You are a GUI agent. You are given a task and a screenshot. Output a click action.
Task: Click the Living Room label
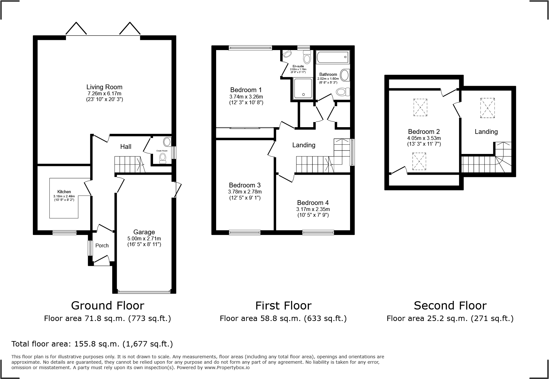(104, 87)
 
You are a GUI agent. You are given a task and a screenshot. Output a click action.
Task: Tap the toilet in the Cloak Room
(163, 157)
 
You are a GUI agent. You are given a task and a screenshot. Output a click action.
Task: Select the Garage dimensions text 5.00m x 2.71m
(144, 238)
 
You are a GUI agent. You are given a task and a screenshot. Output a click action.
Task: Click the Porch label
(102, 245)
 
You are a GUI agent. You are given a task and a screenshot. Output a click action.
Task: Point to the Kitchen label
(64, 192)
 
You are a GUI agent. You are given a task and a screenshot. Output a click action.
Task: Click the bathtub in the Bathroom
(333, 57)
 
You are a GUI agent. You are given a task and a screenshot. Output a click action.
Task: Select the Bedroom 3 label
(245, 185)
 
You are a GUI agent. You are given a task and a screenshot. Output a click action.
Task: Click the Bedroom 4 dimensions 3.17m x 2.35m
(313, 209)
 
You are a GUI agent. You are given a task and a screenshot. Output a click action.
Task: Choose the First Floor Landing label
(304, 145)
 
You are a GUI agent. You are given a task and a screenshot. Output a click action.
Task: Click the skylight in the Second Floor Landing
(487, 108)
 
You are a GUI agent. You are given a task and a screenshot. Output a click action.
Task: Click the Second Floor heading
(450, 306)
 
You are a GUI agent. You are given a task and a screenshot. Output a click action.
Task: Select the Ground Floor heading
(107, 306)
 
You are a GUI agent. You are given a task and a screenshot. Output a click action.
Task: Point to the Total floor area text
(92, 344)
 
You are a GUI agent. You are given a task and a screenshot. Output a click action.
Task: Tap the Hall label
(126, 147)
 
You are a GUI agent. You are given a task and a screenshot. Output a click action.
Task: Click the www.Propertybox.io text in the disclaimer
(227, 368)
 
